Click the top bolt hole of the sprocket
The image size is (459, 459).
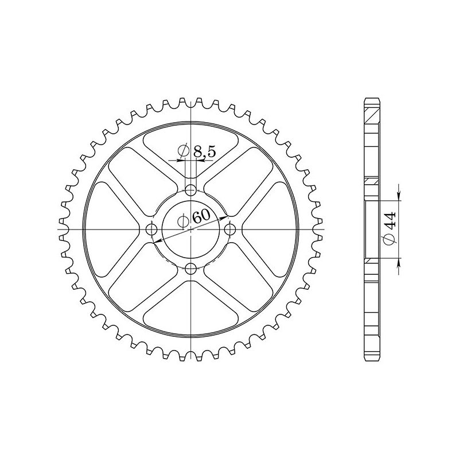[x=191, y=190]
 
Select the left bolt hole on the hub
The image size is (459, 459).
[x=151, y=230]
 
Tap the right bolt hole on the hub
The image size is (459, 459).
[x=231, y=230]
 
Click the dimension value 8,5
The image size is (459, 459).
[x=204, y=152]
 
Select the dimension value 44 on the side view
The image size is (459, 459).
[x=389, y=219]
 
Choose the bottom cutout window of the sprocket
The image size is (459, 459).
[x=191, y=317]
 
